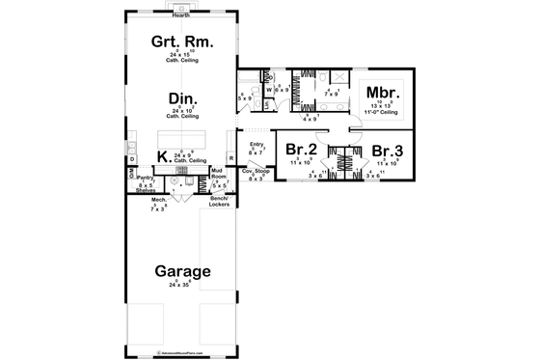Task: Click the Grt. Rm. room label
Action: click(180, 43)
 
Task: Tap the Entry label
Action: click(256, 145)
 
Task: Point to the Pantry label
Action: click(146, 179)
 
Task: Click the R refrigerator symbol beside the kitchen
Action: click(230, 156)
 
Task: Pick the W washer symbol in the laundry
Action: click(268, 90)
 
